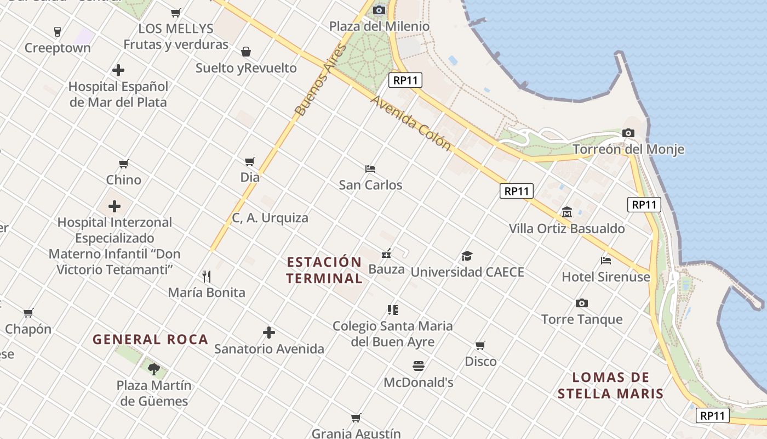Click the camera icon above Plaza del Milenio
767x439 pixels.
(379, 10)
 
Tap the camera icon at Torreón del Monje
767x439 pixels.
(628, 133)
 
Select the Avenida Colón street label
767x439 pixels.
(411, 123)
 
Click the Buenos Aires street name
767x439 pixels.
(321, 80)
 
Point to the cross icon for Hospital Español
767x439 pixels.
(118, 70)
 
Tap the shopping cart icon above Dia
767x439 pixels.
(250, 161)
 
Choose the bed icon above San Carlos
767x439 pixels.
(370, 168)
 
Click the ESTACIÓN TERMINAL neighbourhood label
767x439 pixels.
(324, 270)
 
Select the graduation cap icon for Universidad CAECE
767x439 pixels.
(467, 256)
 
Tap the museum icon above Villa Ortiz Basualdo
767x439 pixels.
(567, 212)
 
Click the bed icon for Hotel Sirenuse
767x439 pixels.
(606, 260)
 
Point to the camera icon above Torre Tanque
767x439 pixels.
(582, 303)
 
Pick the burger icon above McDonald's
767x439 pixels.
(419, 365)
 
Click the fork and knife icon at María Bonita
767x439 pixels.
(207, 276)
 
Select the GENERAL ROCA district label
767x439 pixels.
(151, 340)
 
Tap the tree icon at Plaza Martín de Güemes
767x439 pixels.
(154, 369)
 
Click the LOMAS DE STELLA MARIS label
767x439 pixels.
(610, 385)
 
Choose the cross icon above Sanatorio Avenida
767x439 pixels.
(269, 333)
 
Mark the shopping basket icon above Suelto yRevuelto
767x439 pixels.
(246, 52)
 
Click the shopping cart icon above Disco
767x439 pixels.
(480, 345)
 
